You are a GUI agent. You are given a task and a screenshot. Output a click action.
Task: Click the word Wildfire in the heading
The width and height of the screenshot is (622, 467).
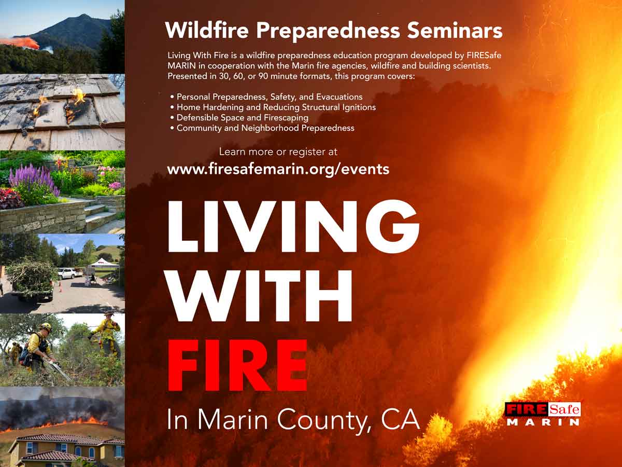click(207, 30)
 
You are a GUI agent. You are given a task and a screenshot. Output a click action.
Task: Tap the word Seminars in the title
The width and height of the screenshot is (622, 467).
click(455, 30)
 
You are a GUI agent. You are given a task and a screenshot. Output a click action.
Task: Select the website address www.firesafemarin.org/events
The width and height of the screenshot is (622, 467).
click(278, 169)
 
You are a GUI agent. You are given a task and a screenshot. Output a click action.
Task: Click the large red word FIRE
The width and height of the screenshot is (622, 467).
click(237, 366)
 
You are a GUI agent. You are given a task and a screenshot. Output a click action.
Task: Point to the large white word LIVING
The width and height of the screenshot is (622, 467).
click(293, 226)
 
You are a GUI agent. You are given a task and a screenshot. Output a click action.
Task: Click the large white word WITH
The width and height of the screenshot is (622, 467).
click(259, 296)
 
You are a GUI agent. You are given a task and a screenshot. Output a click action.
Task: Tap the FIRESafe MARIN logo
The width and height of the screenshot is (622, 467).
click(543, 414)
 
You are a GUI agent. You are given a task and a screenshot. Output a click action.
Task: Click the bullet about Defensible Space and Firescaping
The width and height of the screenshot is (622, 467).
click(239, 118)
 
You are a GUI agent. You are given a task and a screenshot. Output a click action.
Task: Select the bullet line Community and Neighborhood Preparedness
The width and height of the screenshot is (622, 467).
click(262, 128)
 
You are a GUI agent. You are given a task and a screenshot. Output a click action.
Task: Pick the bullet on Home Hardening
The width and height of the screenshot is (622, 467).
click(273, 107)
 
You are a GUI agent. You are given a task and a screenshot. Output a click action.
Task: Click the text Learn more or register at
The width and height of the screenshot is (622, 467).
click(278, 152)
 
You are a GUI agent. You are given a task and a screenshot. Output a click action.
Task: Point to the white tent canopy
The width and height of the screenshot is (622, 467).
click(102, 263)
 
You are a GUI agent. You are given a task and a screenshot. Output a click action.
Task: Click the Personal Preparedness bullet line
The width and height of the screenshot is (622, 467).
click(266, 97)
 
